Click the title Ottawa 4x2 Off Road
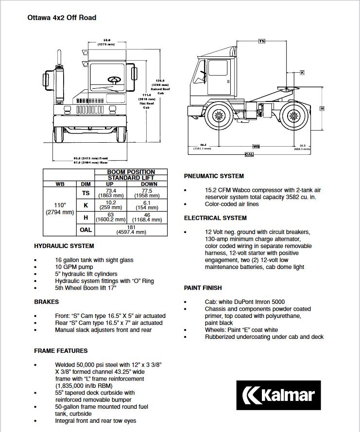coord(62,18)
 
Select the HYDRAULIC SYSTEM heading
coord(64,246)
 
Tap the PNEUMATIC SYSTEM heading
coord(214,176)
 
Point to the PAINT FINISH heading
coord(203,288)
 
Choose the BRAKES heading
coord(46,302)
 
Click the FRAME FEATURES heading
coord(61,350)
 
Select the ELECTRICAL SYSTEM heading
coord(215,218)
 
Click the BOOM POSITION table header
coord(131,172)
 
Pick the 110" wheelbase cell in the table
coord(60,208)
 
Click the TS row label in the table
coord(86,193)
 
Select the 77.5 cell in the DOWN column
coord(147,193)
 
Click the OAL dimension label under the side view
coord(249,154)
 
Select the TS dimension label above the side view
coord(261,41)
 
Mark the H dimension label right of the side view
coord(322,108)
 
